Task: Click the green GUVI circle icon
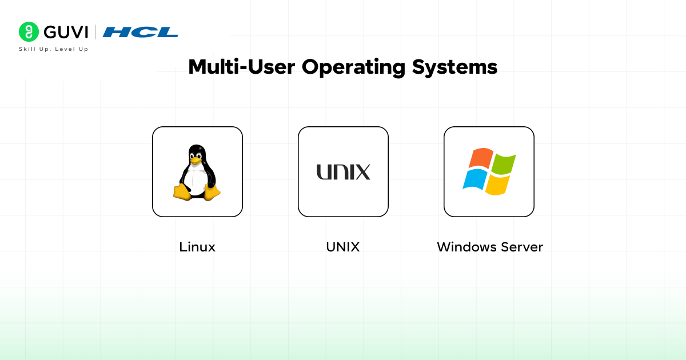click(x=29, y=32)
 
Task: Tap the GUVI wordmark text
click(x=65, y=32)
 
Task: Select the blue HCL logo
click(x=141, y=32)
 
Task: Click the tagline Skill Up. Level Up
click(x=53, y=49)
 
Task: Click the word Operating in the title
click(x=352, y=67)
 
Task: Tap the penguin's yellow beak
click(x=196, y=160)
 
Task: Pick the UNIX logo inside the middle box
click(x=343, y=171)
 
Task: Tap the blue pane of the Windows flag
click(x=474, y=180)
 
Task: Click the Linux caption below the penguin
click(x=197, y=247)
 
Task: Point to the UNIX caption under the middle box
click(x=343, y=247)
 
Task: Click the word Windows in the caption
click(x=466, y=247)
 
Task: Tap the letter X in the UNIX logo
click(x=361, y=171)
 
